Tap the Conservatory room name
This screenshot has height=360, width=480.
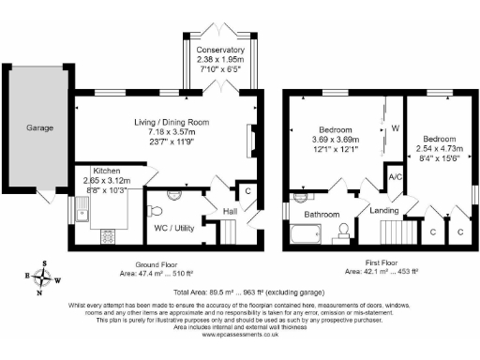pyautogui.click(x=222, y=50)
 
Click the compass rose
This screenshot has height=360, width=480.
pyautogui.click(x=39, y=277)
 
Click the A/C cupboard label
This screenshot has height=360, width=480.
pyautogui.click(x=395, y=174)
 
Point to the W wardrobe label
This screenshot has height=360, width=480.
pyautogui.click(x=396, y=127)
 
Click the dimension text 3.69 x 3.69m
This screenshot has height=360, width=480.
pyautogui.click(x=335, y=140)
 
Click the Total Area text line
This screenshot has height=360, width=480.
pyautogui.click(x=240, y=292)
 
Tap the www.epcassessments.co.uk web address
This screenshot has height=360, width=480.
pyautogui.click(x=240, y=332)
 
